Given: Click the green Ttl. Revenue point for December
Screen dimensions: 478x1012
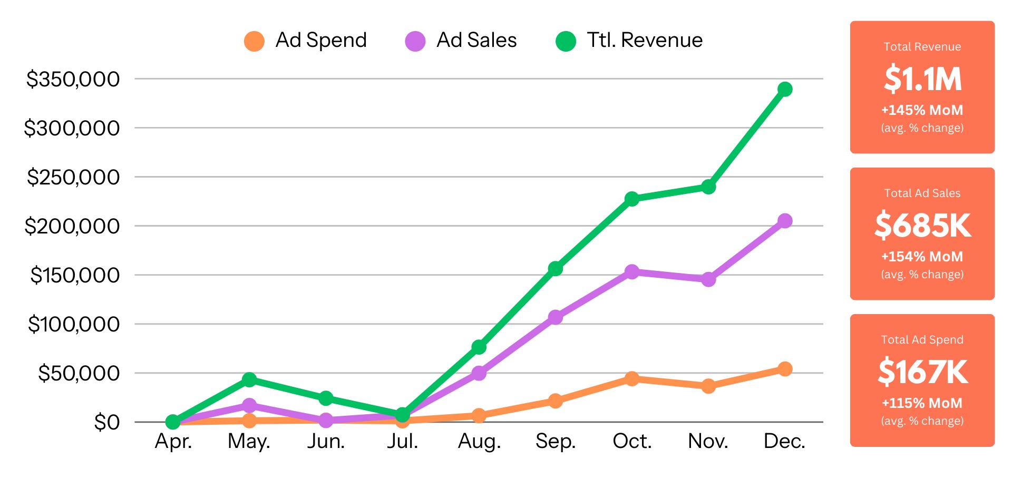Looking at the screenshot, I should tap(784, 89).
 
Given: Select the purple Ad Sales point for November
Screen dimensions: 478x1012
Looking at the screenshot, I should tap(708, 279).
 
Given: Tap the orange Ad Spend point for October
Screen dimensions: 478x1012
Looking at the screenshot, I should tap(631, 378).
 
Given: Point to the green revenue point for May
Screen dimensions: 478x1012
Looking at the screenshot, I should tap(249, 379).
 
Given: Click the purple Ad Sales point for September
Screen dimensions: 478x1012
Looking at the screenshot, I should tap(555, 317).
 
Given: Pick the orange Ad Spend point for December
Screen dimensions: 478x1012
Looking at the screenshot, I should tap(784, 369).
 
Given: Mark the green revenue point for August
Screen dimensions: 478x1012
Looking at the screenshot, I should tap(479, 347).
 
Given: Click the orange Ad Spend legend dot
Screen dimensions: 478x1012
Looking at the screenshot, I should tap(254, 41).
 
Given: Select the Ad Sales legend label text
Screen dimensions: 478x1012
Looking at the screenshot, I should tap(476, 40).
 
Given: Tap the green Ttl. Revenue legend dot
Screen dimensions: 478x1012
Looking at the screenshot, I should tap(566, 41).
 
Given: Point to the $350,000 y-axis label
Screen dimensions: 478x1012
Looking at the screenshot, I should tap(73, 79).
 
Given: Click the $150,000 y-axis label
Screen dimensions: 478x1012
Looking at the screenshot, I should tap(75, 275).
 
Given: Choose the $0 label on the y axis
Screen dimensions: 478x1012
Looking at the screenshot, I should tap(107, 422).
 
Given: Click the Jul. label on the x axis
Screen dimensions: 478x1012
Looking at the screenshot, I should tap(402, 441).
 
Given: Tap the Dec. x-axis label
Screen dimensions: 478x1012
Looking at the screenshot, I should tap(784, 441).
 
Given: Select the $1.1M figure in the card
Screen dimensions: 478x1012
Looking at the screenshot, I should tap(922, 79).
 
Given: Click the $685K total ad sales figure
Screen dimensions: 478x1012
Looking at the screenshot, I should tap(922, 226).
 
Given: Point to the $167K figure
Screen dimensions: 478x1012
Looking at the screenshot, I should tap(922, 372).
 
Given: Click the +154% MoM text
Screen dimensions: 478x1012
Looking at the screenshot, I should tap(922, 257).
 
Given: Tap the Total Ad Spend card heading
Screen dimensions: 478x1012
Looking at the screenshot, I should tap(922, 340).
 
